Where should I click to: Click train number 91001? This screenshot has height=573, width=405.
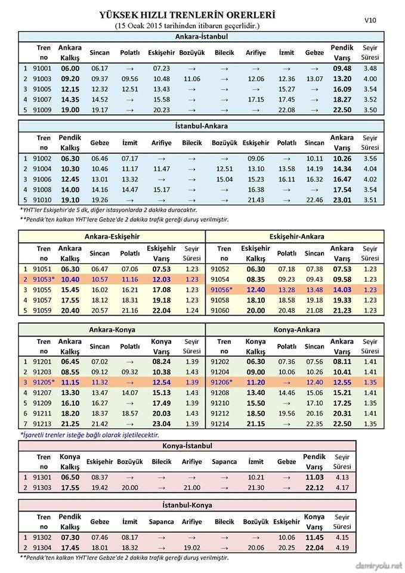tap(44, 68)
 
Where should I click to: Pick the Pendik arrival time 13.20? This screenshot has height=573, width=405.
tap(342, 78)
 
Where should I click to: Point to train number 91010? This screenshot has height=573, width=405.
tap(44, 200)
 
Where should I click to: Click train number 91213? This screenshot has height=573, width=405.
tap(44, 424)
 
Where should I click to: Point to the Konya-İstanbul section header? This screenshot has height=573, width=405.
tap(187, 446)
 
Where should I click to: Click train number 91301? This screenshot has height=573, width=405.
tap(44, 478)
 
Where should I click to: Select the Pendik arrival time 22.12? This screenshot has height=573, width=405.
tap(314, 488)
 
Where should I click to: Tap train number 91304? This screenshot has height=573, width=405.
tap(44, 547)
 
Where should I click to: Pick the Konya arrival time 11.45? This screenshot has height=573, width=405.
tap(314, 537)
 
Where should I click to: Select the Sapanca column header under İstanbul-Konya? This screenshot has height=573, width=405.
tap(162, 521)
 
